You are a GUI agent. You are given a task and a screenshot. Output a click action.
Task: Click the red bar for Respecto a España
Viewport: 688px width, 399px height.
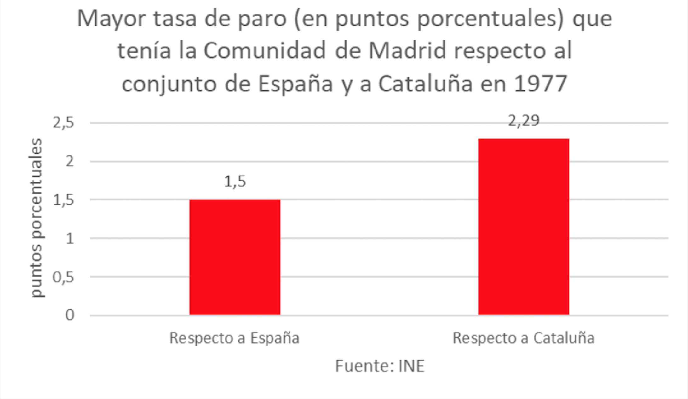[235, 257]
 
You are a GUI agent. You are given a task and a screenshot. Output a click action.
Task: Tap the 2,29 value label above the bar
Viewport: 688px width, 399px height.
[524, 121]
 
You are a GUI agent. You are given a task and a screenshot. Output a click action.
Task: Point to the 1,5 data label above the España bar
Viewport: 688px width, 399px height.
[235, 182]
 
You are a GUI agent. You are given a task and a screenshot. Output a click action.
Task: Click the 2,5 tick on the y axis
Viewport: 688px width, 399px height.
[63, 123]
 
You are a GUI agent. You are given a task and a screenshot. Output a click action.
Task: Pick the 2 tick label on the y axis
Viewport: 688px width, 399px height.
[70, 161]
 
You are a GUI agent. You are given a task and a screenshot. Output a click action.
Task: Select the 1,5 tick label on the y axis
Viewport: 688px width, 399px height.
[63, 200]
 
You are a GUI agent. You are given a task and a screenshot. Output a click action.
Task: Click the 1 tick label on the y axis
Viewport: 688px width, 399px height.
[70, 239]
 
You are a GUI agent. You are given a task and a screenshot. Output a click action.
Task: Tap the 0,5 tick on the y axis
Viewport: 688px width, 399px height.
[63, 277]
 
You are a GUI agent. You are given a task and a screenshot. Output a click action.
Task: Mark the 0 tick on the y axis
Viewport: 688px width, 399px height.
[70, 315]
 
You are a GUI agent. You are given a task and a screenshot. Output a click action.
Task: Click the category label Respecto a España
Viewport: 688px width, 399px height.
[234, 338]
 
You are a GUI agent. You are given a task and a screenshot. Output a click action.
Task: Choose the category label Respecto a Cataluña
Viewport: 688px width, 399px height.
[523, 338]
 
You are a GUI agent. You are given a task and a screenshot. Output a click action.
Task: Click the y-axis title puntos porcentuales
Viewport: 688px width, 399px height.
[37, 217]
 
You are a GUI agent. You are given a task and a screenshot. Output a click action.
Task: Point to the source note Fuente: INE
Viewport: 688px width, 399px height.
[380, 366]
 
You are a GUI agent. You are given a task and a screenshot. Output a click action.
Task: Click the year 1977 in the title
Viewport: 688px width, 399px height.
[540, 84]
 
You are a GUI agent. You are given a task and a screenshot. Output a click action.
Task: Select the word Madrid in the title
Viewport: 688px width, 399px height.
[407, 51]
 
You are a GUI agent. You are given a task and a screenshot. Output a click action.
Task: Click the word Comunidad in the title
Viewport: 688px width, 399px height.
[265, 51]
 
